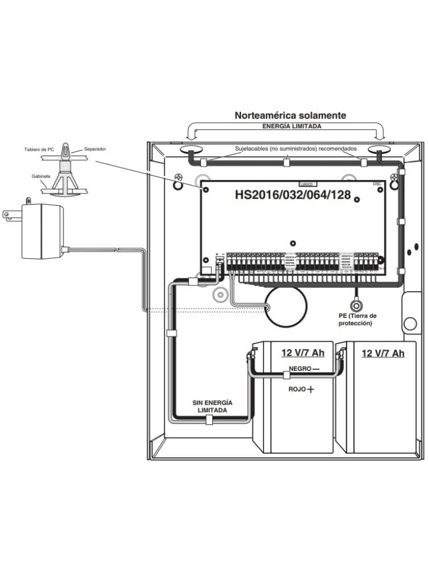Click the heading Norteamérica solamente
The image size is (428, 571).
[290, 115]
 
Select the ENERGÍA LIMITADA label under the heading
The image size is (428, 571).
[291, 127]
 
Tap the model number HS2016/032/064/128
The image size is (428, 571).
[292, 195]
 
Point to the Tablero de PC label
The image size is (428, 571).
[39, 149]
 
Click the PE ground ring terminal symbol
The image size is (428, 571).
[355, 305]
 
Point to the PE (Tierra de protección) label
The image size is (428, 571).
[355, 320]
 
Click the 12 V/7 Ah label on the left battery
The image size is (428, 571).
[303, 353]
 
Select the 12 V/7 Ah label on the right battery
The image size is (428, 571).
[383, 353]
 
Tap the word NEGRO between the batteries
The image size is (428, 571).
[300, 369]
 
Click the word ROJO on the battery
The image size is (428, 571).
[297, 389]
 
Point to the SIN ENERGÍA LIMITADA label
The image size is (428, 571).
[212, 405]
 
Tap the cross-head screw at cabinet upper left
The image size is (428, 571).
[179, 178]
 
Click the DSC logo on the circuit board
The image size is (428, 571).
[377, 183]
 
